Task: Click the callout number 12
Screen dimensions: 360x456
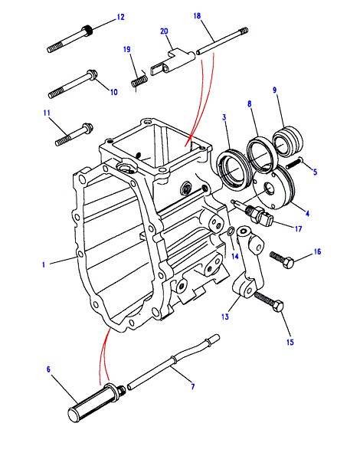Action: [120, 17]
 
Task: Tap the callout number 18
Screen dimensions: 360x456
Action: [197, 15]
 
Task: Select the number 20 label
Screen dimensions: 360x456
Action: [164, 31]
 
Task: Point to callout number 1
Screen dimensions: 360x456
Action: [44, 264]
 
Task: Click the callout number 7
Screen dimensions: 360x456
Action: [193, 386]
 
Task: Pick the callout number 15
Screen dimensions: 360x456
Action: [290, 342]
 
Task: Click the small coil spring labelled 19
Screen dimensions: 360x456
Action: [139, 80]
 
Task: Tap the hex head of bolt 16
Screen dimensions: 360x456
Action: [289, 264]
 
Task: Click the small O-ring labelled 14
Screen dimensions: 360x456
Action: [230, 231]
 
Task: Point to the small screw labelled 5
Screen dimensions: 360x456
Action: [294, 163]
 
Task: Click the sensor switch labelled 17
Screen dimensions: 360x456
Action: [252, 213]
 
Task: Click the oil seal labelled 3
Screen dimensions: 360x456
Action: [234, 170]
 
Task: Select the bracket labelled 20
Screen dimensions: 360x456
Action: [172, 64]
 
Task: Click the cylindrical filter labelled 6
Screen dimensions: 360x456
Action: [96, 402]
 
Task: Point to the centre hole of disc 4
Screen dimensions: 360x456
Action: [269, 190]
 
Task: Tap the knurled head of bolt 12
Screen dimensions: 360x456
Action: [87, 30]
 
